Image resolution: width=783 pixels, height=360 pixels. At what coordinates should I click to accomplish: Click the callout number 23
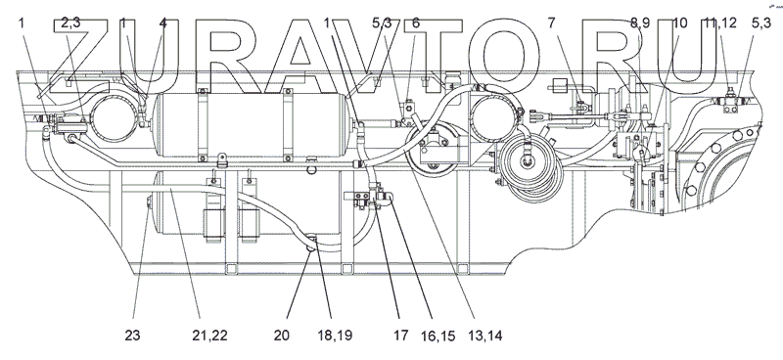click(132, 335)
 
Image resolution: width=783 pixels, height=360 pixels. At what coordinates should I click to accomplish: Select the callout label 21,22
click(209, 335)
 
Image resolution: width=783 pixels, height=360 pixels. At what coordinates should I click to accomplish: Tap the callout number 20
click(282, 335)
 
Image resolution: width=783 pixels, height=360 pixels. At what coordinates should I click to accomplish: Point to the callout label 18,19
click(335, 335)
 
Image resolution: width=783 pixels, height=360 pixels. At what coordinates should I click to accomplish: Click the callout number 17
click(400, 335)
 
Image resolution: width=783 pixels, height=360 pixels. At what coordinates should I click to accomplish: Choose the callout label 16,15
click(438, 336)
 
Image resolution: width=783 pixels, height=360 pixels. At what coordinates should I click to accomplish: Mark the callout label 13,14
click(484, 336)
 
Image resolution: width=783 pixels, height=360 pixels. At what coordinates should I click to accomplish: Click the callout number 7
click(551, 22)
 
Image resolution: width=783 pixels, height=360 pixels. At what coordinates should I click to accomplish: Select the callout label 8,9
click(640, 22)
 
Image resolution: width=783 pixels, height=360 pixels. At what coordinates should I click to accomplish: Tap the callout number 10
click(679, 22)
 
